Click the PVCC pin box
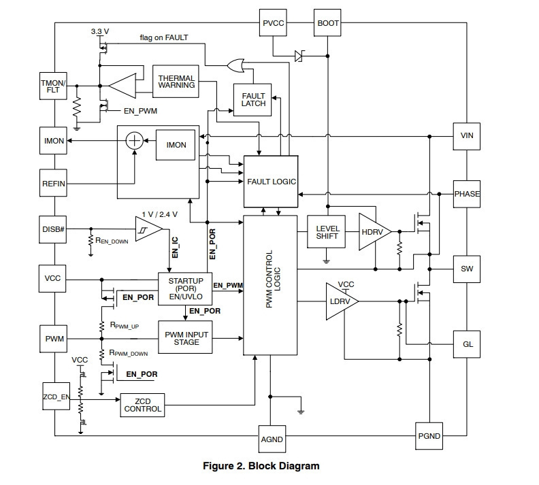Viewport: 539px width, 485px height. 273,22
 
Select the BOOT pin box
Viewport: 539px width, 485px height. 327,22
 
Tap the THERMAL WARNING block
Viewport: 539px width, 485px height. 176,82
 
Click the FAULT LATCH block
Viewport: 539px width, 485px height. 252,99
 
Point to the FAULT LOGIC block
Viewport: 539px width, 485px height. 271,182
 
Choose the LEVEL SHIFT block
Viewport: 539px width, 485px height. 326,232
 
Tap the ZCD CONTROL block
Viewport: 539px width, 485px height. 142,405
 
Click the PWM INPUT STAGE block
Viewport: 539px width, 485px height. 185,337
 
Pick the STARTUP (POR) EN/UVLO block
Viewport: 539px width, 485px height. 185,289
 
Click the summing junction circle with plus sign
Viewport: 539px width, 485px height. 134,141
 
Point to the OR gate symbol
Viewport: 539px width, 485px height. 236,65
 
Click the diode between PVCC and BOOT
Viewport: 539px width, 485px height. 299,56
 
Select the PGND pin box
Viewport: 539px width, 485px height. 429,436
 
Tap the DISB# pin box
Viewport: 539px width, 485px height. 52,229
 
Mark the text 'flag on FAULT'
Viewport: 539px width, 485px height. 164,37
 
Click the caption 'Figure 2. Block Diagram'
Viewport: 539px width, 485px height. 261,466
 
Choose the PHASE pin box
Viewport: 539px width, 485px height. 466,194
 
